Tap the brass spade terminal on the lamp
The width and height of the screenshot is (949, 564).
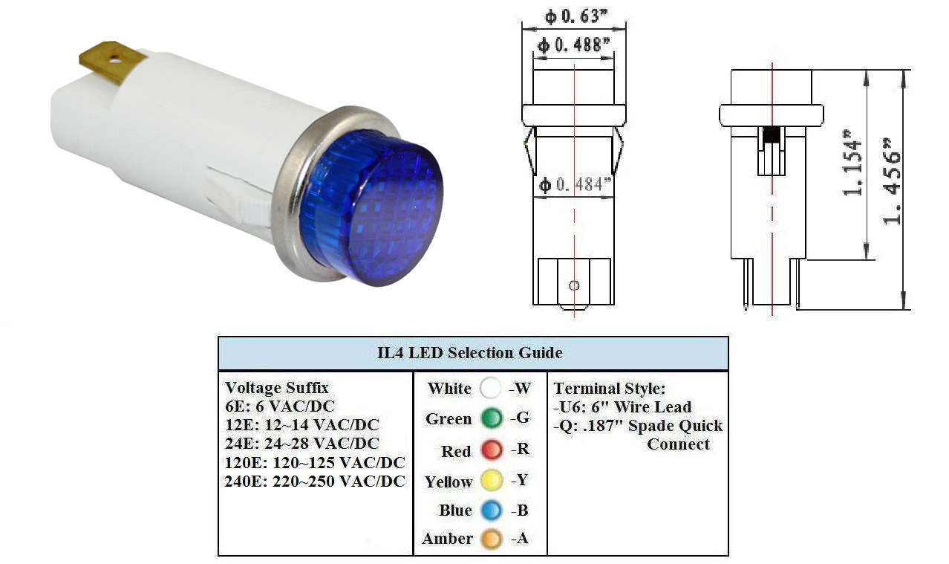tap(111, 61)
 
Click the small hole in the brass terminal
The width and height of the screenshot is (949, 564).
tap(114, 60)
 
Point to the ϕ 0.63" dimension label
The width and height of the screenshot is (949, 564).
tap(575, 16)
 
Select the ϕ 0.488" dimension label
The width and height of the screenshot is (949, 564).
tap(574, 45)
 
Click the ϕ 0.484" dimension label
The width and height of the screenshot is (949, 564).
tap(575, 185)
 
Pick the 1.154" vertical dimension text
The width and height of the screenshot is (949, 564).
tap(852, 163)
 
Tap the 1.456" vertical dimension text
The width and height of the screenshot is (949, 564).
tap(892, 181)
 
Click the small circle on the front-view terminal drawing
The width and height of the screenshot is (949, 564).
tap(574, 285)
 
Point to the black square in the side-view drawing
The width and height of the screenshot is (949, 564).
tap(772, 134)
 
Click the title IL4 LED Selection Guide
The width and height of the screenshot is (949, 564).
tap(470, 353)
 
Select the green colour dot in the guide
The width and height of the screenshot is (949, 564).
tap(492, 418)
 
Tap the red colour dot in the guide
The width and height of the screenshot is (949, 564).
tap(492, 450)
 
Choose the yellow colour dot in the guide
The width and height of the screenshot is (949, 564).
tap(492, 481)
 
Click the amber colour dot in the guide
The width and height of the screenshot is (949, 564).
tap(492, 539)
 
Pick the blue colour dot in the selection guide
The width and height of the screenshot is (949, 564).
tap(492, 510)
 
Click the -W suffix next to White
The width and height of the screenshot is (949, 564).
tap(520, 388)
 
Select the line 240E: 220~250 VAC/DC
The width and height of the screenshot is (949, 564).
tap(315, 482)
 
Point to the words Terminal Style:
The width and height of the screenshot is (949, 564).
tap(610, 389)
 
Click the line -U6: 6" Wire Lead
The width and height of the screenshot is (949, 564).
tap(622, 407)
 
